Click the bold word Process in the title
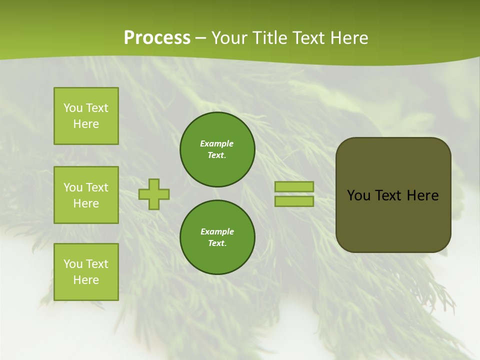click(x=157, y=38)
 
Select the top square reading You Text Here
click(x=86, y=116)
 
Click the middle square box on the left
click(x=86, y=195)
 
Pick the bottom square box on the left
click(x=86, y=272)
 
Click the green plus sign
click(x=154, y=194)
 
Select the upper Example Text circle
click(x=217, y=149)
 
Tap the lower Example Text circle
click(x=217, y=237)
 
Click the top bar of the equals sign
click(x=294, y=186)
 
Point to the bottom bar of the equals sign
click(x=294, y=201)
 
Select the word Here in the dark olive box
click(x=422, y=195)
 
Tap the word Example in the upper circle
click(x=217, y=143)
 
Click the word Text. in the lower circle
click(x=217, y=243)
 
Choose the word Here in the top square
click(x=86, y=124)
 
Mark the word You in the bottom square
click(x=73, y=264)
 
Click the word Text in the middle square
click(x=96, y=187)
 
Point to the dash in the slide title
click(x=201, y=38)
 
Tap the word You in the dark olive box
click(x=358, y=195)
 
